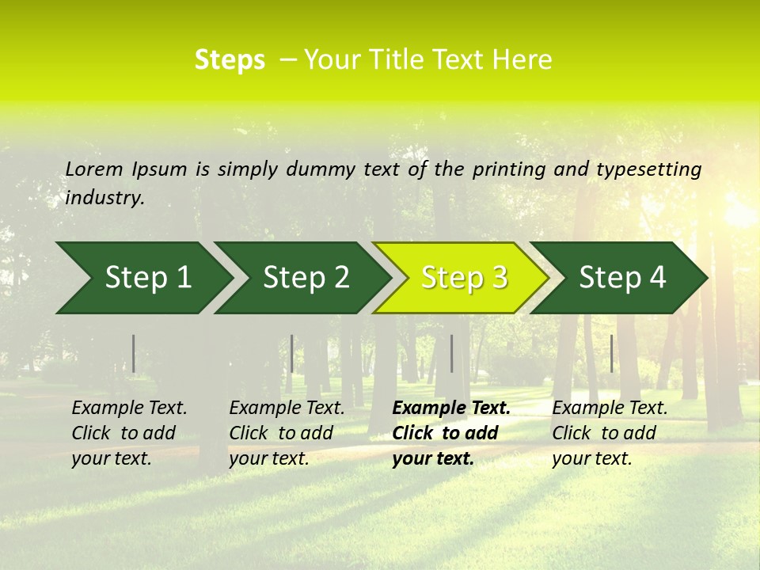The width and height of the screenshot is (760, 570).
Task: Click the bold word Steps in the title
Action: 230,60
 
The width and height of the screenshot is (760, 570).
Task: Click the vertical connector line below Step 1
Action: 134,353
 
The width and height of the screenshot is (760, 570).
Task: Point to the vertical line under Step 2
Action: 292,353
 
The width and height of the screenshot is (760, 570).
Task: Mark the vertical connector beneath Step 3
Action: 451,353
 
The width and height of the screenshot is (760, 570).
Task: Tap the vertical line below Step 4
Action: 611,353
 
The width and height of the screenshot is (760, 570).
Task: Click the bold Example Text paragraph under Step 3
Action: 451,433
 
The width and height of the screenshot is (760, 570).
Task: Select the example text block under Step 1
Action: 129,433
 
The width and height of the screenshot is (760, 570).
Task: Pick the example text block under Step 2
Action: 287,433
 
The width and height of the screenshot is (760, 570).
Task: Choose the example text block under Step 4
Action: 610,433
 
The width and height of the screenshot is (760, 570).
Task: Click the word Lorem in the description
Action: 94,169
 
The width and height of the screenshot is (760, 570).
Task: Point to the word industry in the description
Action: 104,198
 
